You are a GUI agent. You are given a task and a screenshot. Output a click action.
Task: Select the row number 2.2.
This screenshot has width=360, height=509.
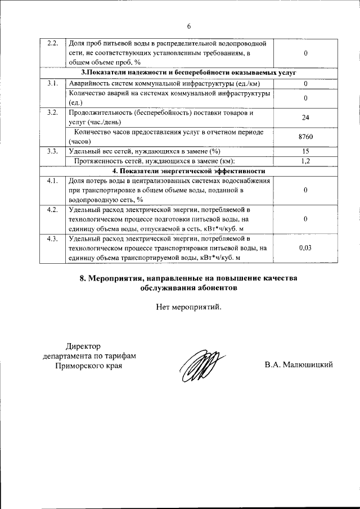(52, 44)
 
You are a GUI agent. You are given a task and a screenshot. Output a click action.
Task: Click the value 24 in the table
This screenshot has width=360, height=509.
(305, 118)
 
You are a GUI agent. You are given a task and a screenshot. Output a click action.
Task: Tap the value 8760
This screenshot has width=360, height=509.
(305, 137)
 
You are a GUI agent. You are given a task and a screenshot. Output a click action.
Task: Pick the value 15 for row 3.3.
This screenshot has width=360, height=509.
(305, 151)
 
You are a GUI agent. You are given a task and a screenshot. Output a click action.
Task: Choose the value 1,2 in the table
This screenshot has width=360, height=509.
(305, 161)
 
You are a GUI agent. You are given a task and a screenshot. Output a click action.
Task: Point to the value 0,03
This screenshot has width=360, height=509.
(305, 248)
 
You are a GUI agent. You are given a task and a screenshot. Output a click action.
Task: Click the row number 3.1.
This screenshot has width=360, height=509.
(52, 83)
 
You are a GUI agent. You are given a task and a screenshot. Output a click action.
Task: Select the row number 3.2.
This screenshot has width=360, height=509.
(52, 112)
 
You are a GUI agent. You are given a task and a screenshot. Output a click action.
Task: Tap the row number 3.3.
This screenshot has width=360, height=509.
(52, 151)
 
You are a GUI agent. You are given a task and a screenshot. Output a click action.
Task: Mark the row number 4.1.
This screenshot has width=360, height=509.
(52, 181)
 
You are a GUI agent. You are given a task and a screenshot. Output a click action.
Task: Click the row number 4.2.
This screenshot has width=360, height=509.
(52, 210)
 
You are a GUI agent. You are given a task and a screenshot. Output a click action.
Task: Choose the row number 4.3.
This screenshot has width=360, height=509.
(52, 239)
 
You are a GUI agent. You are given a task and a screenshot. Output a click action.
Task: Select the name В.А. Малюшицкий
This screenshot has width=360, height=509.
(299, 365)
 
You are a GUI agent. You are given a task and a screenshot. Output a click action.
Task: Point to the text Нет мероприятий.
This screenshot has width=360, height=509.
(189, 307)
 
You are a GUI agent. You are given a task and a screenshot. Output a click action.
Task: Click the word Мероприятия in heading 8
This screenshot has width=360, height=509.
(116, 278)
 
